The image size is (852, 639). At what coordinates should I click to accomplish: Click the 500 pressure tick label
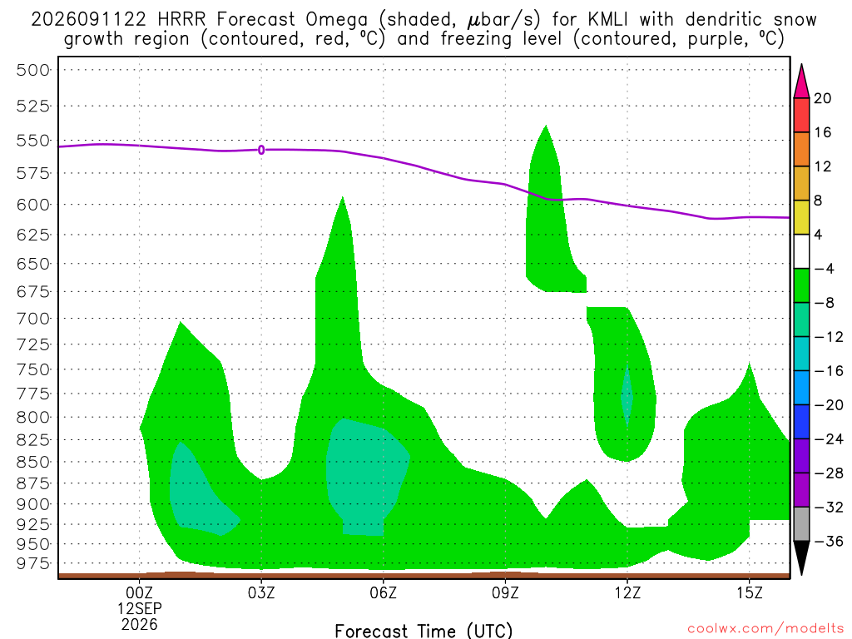[x=32, y=70]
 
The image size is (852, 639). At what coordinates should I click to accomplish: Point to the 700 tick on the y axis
[x=32, y=319]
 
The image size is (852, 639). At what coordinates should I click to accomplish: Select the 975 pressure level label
[x=32, y=563]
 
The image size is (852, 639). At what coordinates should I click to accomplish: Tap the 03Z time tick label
[x=261, y=592]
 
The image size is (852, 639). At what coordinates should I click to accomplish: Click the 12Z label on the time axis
[x=627, y=592]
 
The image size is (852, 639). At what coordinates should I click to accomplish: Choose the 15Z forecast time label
[x=750, y=592]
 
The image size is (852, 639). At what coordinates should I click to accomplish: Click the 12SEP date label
[x=140, y=608]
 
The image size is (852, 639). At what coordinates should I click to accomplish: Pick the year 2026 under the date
[x=140, y=625]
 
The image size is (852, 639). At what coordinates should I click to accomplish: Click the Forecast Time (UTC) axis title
[x=424, y=632]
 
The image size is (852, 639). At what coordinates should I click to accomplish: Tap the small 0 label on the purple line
[x=261, y=150]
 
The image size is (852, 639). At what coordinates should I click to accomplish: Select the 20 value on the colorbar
[x=823, y=98]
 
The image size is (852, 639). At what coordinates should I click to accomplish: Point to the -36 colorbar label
[x=829, y=541]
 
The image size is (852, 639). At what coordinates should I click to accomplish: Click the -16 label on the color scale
[x=829, y=371]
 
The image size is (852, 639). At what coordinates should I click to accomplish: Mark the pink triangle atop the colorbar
[x=801, y=82]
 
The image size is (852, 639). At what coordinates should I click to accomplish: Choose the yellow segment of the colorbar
[x=801, y=218]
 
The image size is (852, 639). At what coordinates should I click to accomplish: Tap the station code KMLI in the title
[x=607, y=20]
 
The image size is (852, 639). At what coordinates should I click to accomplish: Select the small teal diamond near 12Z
[x=627, y=395]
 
